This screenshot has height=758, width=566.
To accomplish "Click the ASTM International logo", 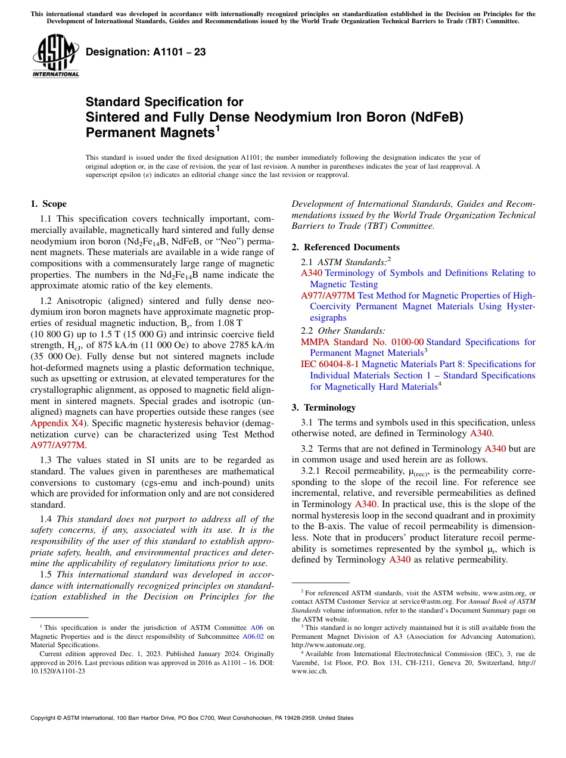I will click(55, 57).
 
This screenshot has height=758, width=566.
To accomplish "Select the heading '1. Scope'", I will click(48, 204).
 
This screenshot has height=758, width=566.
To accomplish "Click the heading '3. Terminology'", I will click(332, 408).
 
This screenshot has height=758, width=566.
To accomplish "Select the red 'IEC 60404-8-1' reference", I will click(330, 364).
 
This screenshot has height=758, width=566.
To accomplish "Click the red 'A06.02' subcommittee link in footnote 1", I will click(258, 636).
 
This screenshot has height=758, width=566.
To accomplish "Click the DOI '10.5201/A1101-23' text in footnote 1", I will click(58, 670).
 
